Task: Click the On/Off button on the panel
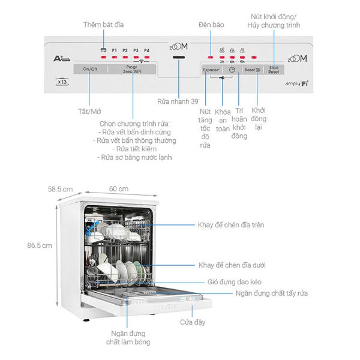pos(91,69)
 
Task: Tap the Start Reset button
pos(273,70)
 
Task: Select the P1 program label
pos(113,50)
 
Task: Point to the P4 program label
pos(146,50)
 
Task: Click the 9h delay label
pos(242,62)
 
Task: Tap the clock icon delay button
pos(231,70)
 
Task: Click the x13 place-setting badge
pos(61,82)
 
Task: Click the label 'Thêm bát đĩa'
pos(103,24)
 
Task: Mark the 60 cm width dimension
pos(118,189)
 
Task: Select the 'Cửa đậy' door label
pos(193,322)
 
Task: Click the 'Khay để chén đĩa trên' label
pos(231,225)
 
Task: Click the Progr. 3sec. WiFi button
pos(133,69)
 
